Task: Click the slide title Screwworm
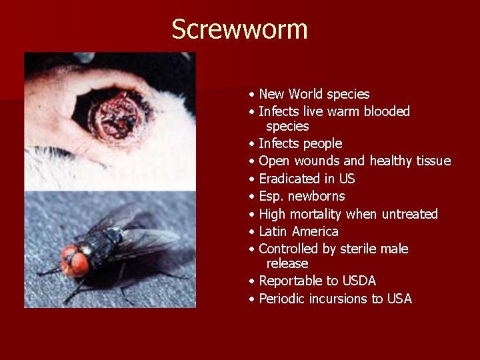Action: coord(239,30)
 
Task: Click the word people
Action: coord(322,144)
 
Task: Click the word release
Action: coord(287,263)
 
